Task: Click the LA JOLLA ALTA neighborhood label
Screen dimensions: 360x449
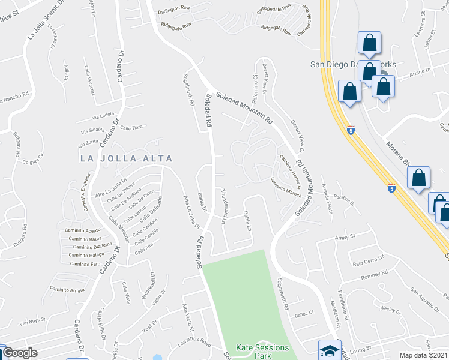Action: click(x=127, y=158)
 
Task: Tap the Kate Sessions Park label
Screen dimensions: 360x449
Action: click(x=262, y=352)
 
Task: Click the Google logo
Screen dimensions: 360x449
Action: click(x=20, y=353)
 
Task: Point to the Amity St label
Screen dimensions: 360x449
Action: click(x=345, y=238)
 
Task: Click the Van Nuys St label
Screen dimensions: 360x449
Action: click(x=32, y=323)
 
